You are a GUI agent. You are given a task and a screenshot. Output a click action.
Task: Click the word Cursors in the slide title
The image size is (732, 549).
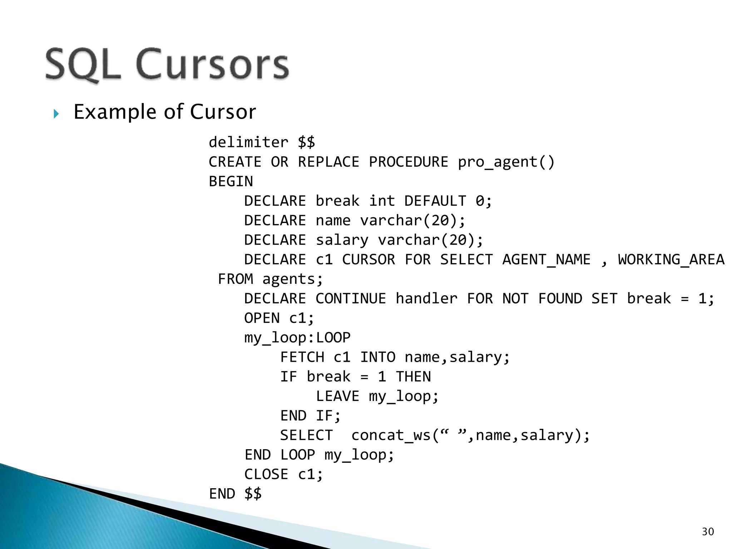pyautogui.click(x=212, y=64)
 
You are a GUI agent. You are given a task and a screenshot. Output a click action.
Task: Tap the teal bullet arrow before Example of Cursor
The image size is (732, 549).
pyautogui.click(x=56, y=114)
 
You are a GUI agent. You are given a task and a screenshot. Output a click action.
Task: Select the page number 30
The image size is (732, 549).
pyautogui.click(x=708, y=532)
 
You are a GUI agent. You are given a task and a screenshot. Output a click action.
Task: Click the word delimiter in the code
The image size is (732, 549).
pyautogui.click(x=248, y=142)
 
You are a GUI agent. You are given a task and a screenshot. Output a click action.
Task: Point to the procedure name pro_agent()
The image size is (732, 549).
pyautogui.click(x=506, y=162)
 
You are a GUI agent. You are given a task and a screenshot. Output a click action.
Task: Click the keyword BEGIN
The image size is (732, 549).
pyautogui.click(x=231, y=182)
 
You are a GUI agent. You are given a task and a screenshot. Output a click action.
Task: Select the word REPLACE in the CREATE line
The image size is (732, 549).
pyautogui.click(x=328, y=162)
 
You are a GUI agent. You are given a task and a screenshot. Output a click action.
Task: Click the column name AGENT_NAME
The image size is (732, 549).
pyautogui.click(x=546, y=259)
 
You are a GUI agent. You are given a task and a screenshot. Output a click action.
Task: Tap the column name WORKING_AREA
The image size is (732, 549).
pyautogui.click(x=671, y=259)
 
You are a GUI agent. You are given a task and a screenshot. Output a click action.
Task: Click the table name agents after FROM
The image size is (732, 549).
pyautogui.click(x=293, y=279)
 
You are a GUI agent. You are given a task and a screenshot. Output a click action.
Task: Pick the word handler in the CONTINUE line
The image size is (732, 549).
pyautogui.click(x=426, y=298)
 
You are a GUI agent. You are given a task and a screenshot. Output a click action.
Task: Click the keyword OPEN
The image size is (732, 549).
pyautogui.click(x=262, y=318)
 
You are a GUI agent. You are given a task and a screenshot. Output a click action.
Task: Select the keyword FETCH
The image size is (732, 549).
pyautogui.click(x=302, y=357)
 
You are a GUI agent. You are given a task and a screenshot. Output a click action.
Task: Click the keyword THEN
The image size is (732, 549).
pyautogui.click(x=413, y=377)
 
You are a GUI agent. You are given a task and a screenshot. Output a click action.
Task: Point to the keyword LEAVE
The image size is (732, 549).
pyautogui.click(x=337, y=396)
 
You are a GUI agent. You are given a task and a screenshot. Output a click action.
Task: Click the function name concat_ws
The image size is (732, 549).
pyautogui.click(x=391, y=435)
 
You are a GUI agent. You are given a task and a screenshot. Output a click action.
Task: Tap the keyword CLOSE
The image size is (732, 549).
pyautogui.click(x=266, y=474)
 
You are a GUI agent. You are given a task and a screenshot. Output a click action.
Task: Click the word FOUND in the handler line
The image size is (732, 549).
pyautogui.click(x=560, y=298)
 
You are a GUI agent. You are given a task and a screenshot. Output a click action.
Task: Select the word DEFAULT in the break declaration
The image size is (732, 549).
pyautogui.click(x=435, y=201)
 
